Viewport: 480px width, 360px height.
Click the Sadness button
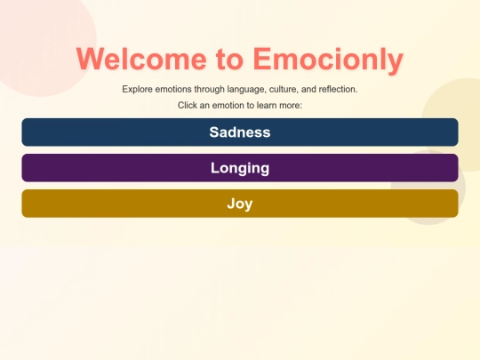239,132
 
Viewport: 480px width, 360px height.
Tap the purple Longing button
239,168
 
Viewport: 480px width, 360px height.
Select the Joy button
239,204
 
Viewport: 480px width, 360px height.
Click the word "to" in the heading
229,60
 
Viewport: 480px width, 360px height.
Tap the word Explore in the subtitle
138,90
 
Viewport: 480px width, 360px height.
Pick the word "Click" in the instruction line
188,106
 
